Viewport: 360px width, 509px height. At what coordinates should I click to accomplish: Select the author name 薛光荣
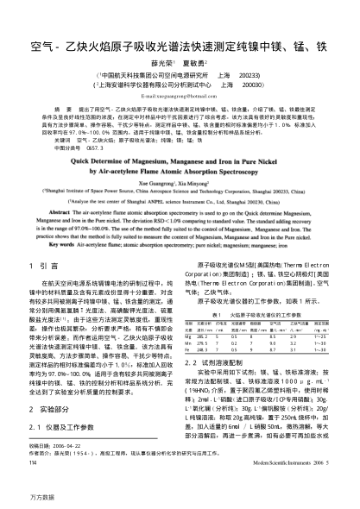coord(161,62)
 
